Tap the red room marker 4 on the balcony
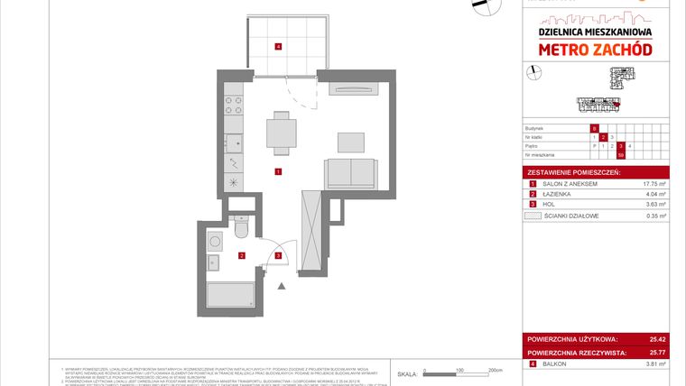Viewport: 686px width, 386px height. coord(279,46)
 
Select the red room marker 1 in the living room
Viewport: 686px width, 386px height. coord(279,171)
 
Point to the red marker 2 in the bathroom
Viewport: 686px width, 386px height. coord(241,256)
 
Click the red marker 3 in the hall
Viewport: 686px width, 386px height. coord(279,256)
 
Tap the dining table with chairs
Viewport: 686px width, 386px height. coord(280,133)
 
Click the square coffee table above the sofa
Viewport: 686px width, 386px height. coord(350,141)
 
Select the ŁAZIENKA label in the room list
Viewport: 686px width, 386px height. coord(556,194)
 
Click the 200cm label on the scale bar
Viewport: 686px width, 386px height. coord(494,370)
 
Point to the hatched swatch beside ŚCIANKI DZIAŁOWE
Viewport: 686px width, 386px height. coord(533,216)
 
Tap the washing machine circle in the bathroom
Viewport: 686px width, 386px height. coord(215,242)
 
